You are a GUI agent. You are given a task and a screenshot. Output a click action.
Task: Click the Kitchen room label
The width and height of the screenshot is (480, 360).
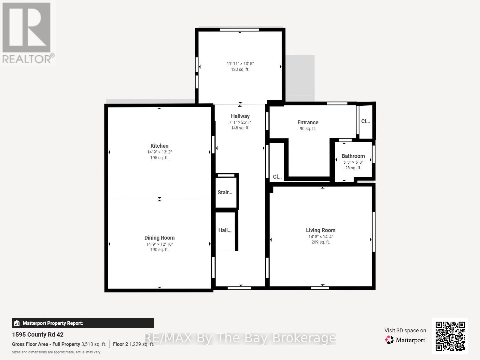159,146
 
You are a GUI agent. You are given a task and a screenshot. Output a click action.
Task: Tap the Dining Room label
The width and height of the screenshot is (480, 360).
159,238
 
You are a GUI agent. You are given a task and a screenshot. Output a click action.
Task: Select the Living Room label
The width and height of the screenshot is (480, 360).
321,230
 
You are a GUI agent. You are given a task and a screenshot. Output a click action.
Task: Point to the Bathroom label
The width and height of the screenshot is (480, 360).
353,156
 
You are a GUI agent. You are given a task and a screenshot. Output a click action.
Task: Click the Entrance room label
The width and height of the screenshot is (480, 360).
308,123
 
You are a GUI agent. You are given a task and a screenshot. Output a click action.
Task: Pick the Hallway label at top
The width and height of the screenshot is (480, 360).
240,116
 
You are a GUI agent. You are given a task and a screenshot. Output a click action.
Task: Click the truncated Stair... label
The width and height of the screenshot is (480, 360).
225,192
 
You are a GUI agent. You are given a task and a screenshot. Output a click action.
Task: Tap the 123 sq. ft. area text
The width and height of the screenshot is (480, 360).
240,69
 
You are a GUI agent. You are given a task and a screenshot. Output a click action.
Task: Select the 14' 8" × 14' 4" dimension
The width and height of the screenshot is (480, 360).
321,237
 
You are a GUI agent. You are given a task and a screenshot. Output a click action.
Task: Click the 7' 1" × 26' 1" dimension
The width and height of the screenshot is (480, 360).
240,122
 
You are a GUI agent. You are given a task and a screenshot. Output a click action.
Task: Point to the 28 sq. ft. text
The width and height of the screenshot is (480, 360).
353,168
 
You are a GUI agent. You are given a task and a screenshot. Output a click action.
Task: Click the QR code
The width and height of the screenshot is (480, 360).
450,336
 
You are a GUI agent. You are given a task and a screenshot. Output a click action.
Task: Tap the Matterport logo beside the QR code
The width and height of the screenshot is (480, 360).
406,340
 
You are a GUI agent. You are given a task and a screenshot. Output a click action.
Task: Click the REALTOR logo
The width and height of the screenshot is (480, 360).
28,33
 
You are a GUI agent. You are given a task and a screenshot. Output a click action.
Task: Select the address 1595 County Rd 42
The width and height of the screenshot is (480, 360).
38,334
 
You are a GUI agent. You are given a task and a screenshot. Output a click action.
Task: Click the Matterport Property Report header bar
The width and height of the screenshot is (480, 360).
83,323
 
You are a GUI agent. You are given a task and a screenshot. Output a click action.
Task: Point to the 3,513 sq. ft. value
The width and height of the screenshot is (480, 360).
94,344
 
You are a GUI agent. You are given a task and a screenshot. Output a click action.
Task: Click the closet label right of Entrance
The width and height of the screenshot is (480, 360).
365,121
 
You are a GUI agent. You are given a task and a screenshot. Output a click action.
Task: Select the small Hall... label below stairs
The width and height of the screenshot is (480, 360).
225,230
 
